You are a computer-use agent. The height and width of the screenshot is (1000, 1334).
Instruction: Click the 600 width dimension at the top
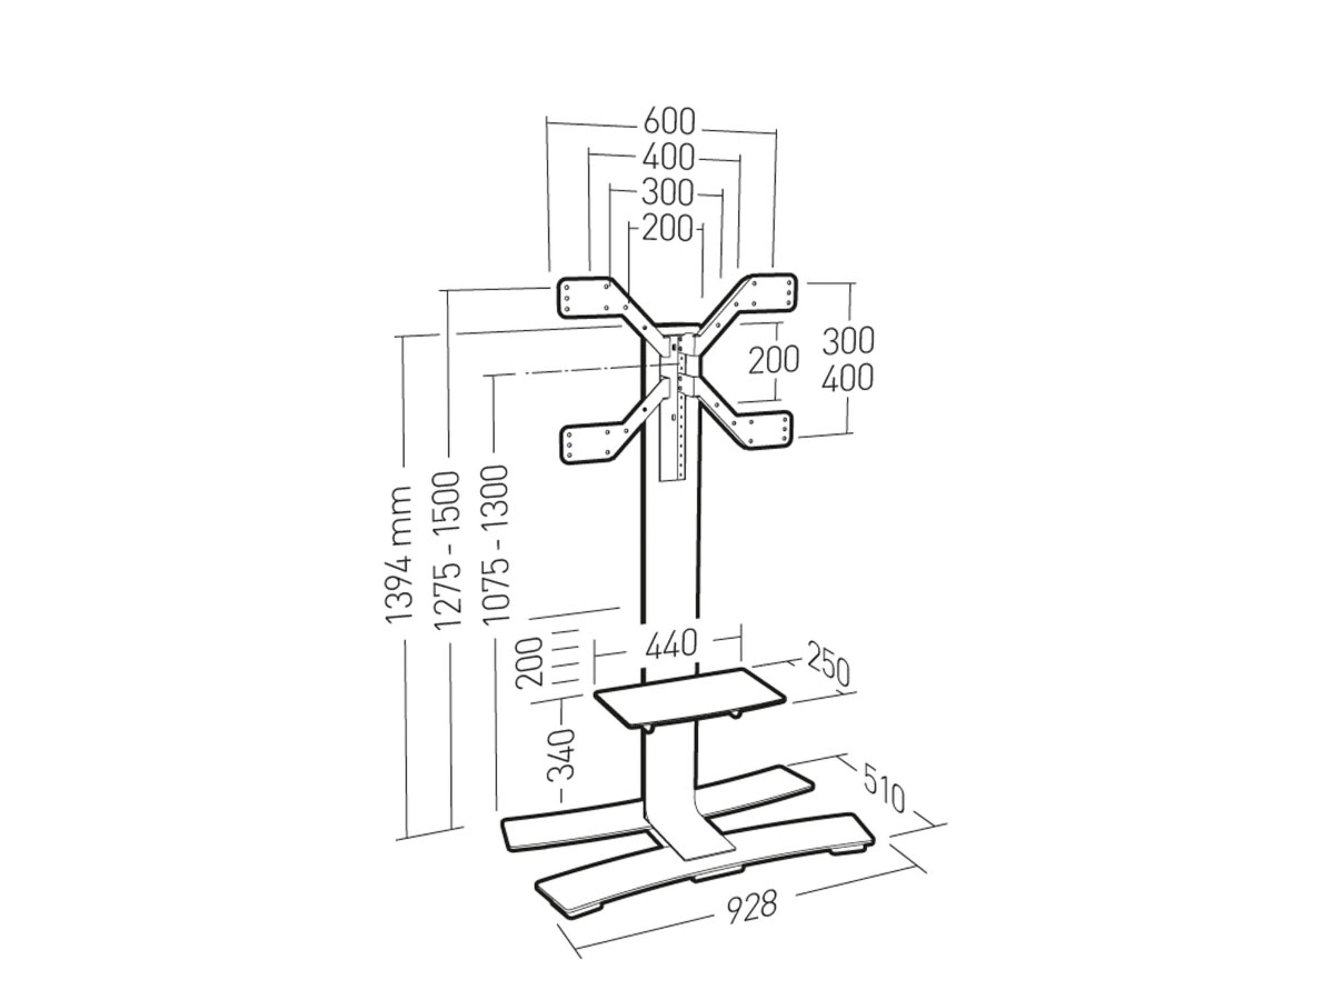pos(669,122)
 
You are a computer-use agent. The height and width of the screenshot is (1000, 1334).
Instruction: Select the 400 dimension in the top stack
pos(668,158)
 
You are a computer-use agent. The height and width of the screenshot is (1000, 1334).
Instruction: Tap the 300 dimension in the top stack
pos(667,193)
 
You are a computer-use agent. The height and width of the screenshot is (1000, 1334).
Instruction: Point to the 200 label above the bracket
pos(668,229)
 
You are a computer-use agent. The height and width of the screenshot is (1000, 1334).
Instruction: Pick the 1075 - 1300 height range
pos(496,545)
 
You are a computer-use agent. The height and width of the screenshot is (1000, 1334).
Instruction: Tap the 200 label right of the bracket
pos(773,360)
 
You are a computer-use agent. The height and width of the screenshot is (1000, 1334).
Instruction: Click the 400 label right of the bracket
pos(847,379)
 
